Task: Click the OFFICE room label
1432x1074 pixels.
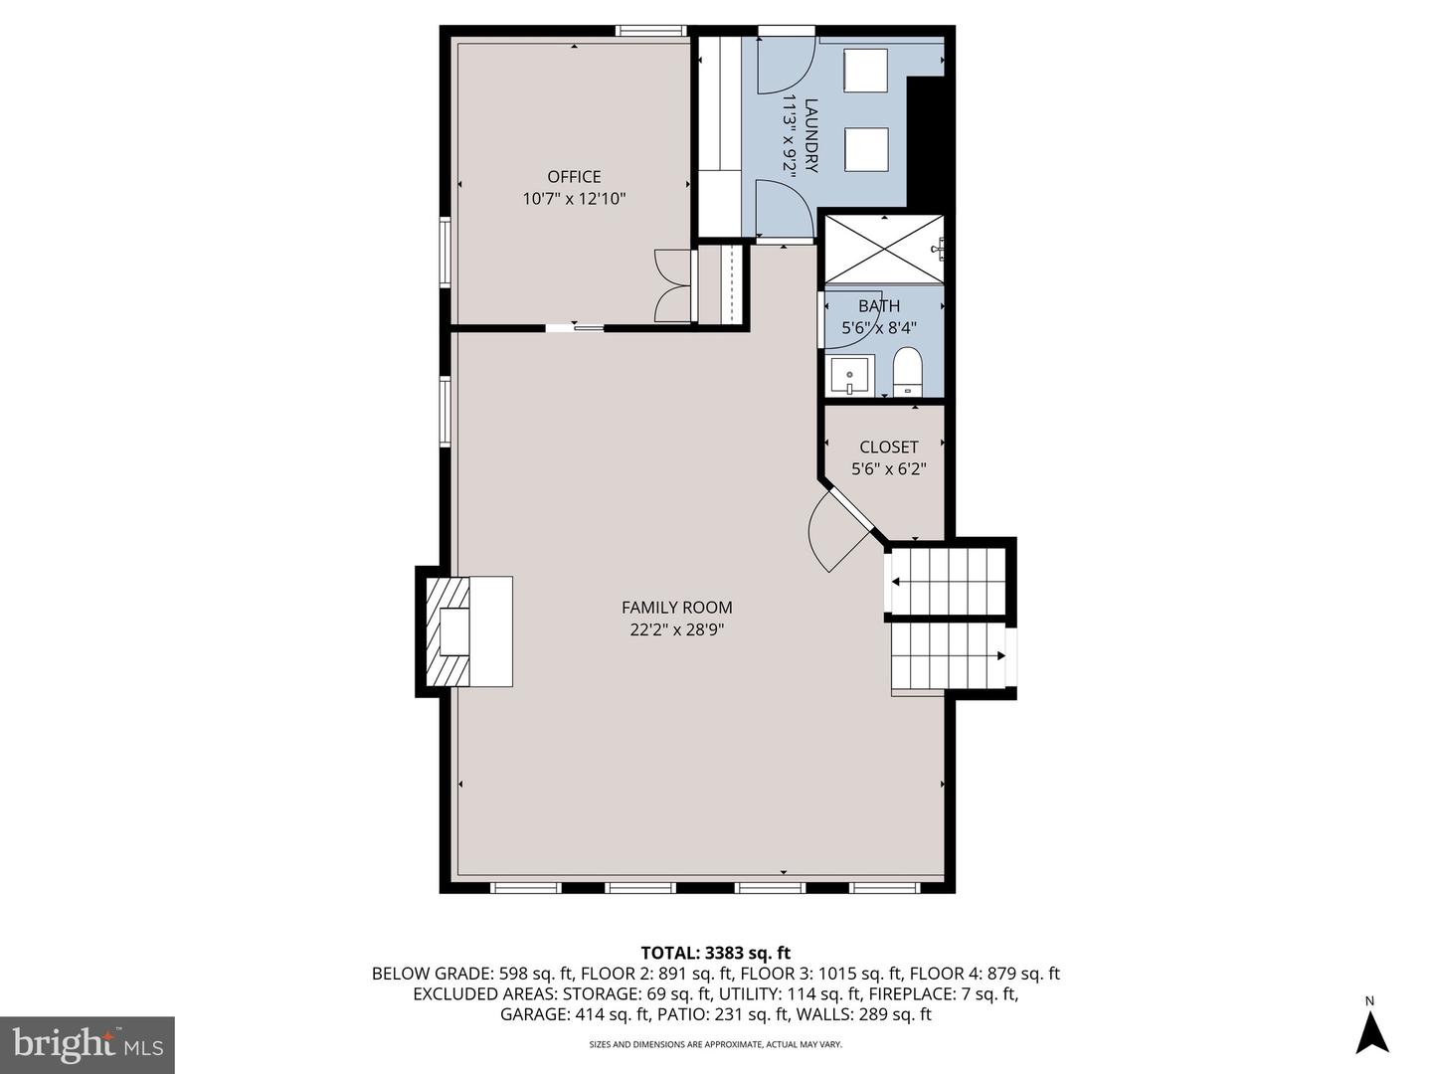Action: click(574, 177)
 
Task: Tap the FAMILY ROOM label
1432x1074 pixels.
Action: click(676, 608)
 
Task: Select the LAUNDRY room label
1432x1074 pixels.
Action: click(811, 135)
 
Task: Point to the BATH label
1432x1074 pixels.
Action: click(879, 306)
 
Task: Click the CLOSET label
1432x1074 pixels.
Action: click(888, 447)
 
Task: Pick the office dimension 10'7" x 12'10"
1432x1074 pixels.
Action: click(574, 199)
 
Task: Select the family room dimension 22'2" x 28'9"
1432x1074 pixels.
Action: click(676, 629)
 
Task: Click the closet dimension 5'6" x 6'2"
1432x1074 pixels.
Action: click(888, 468)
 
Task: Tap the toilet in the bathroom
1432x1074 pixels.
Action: click(908, 374)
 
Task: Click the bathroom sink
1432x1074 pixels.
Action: click(849, 376)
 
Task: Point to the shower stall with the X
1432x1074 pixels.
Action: click(883, 250)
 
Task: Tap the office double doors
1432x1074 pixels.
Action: click(673, 285)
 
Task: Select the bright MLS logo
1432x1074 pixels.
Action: click(88, 1044)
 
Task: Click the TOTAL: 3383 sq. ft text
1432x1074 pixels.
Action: click(715, 953)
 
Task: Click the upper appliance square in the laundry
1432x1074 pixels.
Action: click(865, 71)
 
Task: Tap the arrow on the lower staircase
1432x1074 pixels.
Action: click(999, 656)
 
